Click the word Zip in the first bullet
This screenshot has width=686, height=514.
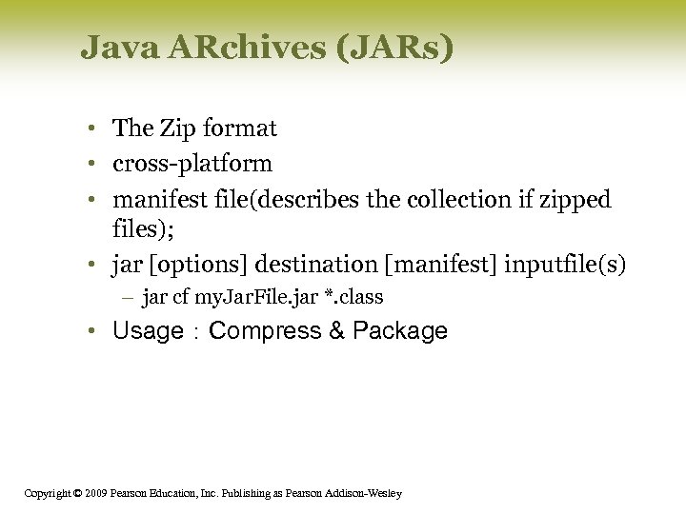(x=180, y=128)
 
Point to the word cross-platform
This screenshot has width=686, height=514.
(x=192, y=164)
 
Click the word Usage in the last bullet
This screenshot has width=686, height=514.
(x=148, y=331)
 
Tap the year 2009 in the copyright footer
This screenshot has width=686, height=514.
(x=93, y=493)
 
